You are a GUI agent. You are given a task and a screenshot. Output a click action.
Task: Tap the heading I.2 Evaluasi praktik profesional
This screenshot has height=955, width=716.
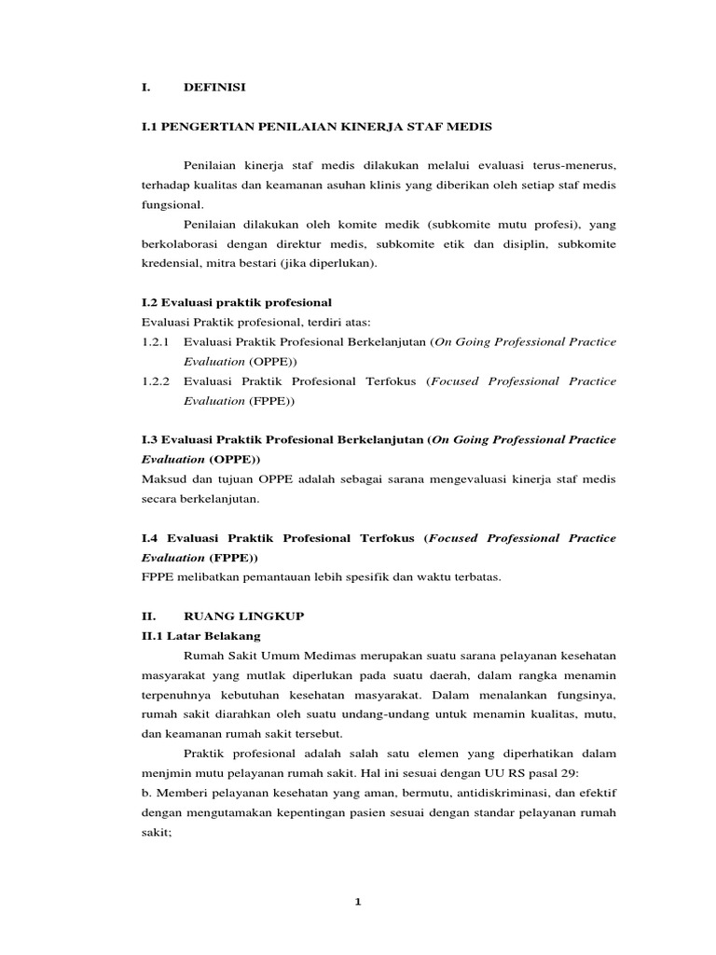coord(230,303)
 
